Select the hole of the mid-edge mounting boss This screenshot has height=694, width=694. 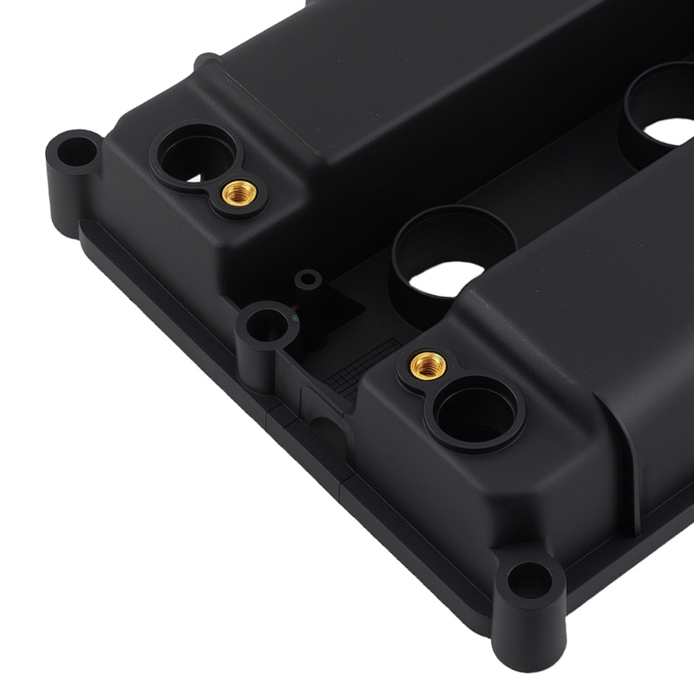pos(264,323)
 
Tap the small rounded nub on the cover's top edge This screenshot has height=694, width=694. pos(206,60)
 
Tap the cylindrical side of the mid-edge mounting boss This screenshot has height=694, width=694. pos(260,361)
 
